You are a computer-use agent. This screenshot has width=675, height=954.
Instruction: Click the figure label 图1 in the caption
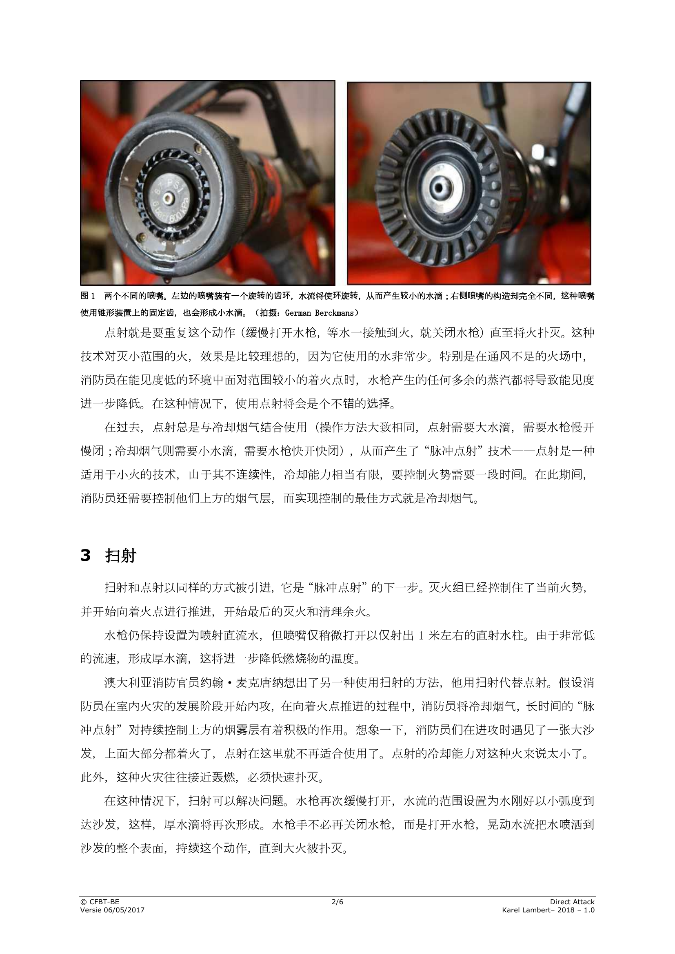click(88, 296)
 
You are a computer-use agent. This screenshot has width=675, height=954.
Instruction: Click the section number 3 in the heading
click(85, 556)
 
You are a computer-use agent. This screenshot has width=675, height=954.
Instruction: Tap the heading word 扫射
click(120, 556)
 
